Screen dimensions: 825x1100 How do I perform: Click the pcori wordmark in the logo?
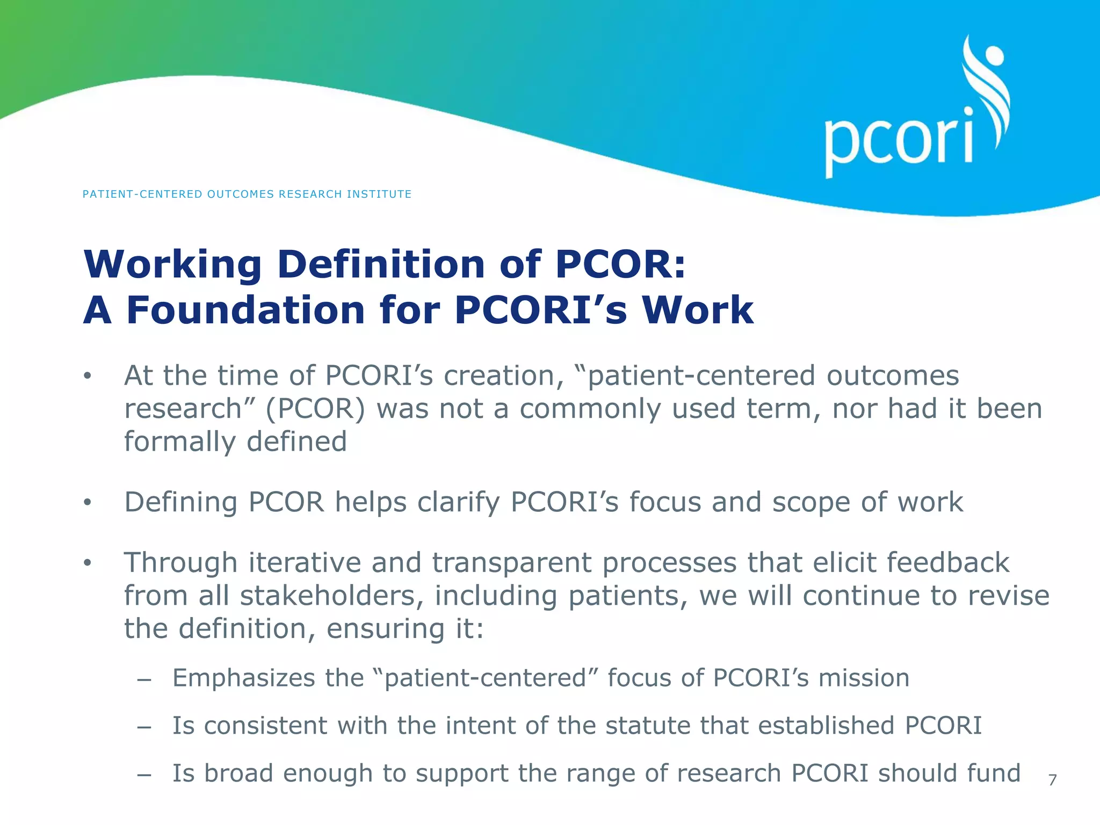coord(899,141)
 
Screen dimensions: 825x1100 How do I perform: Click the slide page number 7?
coord(1052,780)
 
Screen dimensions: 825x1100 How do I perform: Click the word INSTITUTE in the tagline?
coord(379,194)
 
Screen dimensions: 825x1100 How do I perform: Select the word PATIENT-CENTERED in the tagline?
coord(142,194)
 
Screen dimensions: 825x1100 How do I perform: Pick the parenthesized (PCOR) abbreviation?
coord(315,409)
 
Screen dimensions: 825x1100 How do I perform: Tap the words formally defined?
coord(235,442)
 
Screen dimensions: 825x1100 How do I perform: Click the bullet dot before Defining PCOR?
coord(88,503)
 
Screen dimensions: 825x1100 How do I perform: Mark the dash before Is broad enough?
coord(143,775)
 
